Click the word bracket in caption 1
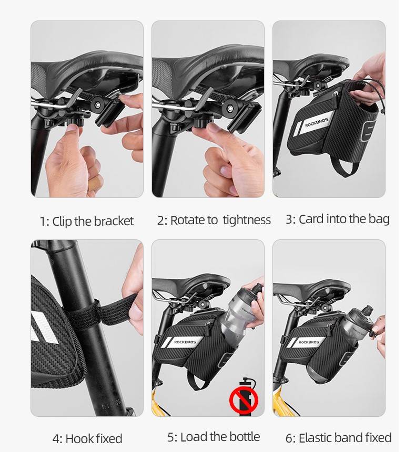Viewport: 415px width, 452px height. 114,222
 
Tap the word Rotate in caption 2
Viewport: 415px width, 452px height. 188,220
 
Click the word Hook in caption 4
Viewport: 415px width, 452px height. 79,439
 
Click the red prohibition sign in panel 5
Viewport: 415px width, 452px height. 244,400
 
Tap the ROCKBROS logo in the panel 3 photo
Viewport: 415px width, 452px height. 317,122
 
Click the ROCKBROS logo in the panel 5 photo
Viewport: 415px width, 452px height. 185,342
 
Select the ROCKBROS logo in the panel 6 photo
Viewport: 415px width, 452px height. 309,342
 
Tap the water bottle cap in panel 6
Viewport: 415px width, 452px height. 367,311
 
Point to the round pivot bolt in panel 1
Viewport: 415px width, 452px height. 98,104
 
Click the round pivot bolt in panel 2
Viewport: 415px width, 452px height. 230,108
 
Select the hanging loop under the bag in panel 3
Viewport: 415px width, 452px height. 346,169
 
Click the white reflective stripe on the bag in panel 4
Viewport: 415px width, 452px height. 43,327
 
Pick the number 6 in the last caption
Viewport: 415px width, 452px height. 289,438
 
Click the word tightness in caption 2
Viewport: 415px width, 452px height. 247,220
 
